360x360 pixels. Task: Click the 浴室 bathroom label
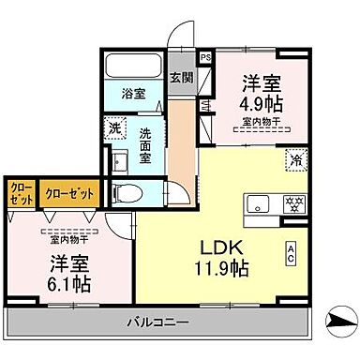click(134, 95)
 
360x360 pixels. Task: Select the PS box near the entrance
click(206, 56)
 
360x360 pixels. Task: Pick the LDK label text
click(222, 248)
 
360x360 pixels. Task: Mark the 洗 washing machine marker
click(113, 128)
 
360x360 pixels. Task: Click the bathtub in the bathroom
click(134, 67)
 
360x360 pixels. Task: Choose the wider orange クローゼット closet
click(69, 193)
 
